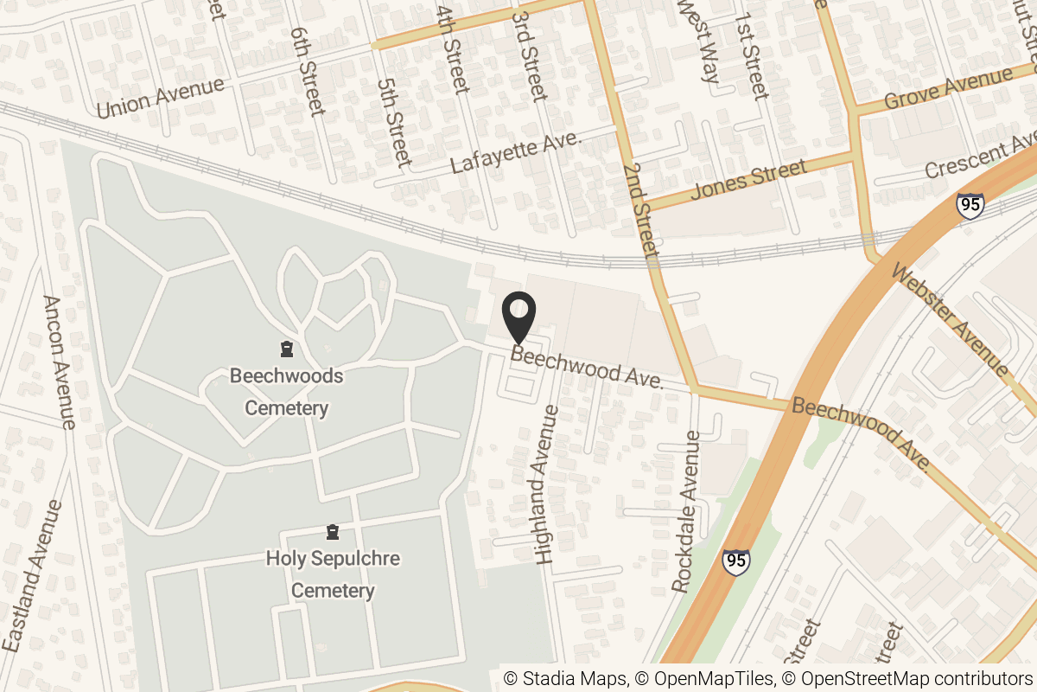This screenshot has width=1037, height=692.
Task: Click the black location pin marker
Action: point(518,318)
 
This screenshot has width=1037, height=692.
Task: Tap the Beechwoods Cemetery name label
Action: point(286,392)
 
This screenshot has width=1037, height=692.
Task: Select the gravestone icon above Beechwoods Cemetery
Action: point(286,349)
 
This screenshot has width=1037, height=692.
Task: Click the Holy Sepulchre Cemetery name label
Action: point(333,574)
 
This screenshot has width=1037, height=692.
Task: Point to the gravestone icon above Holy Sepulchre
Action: point(333,531)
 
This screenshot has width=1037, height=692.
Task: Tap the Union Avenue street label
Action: point(161,97)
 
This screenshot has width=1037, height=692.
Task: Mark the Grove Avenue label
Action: point(949,90)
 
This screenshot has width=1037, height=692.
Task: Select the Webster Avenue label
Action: point(950,320)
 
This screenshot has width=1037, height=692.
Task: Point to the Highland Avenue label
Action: point(547,484)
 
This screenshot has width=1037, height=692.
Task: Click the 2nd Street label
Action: point(640,209)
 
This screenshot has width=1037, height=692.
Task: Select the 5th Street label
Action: point(393,121)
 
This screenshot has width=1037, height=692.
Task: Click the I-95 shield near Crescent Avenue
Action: point(970,206)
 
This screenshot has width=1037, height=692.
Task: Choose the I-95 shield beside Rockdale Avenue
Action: point(735,561)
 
